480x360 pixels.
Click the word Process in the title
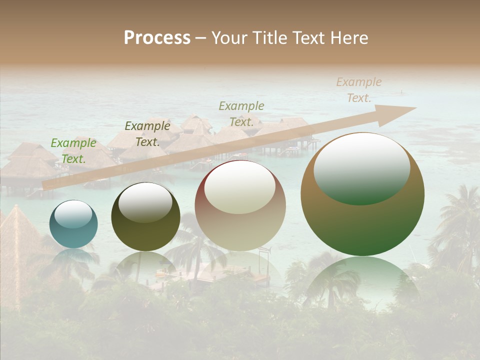point(157,38)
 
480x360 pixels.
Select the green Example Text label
point(73,151)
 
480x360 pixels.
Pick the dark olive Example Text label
point(147,134)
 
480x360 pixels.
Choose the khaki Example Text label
point(241,114)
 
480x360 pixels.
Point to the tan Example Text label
point(358,90)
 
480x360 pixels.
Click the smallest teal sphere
point(73,224)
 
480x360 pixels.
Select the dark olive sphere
point(145,216)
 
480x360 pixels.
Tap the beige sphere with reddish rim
point(240,205)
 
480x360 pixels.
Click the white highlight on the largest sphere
point(361,167)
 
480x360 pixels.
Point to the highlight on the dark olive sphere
point(145,202)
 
